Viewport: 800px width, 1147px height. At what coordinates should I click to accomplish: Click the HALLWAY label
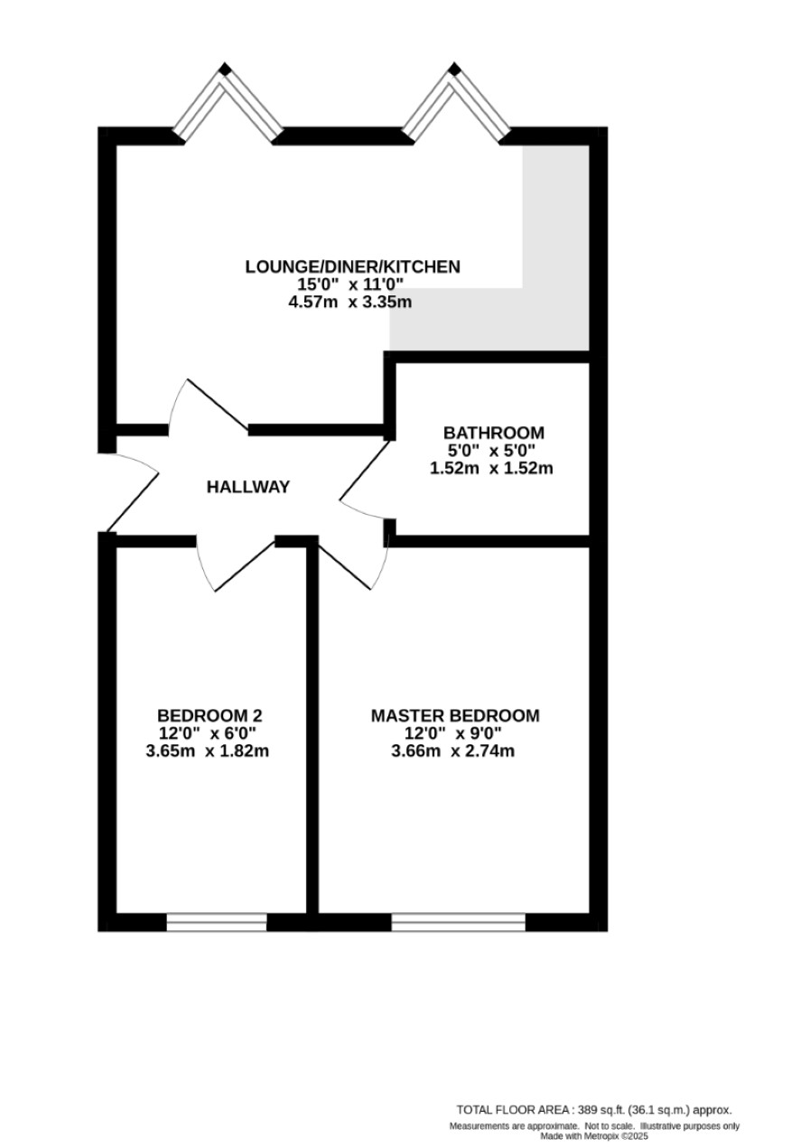click(x=248, y=487)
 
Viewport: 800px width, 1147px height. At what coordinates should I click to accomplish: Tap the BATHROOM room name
click(x=493, y=433)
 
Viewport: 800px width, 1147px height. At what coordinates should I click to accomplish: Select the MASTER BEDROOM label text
click(x=455, y=715)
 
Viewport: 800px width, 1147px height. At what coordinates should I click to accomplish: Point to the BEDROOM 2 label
click(x=209, y=715)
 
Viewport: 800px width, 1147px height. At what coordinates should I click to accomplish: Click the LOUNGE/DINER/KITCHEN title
click(x=353, y=266)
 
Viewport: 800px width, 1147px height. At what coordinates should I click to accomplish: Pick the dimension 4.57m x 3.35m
click(x=350, y=303)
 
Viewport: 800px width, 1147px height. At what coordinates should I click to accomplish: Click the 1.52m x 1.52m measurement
click(x=491, y=468)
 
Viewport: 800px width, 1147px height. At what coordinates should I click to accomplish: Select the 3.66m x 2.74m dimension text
click(x=453, y=751)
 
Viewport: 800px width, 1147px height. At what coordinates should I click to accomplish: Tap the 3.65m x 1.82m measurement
click(x=208, y=751)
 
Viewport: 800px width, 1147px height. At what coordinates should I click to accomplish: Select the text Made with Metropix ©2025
click(x=594, y=1136)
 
